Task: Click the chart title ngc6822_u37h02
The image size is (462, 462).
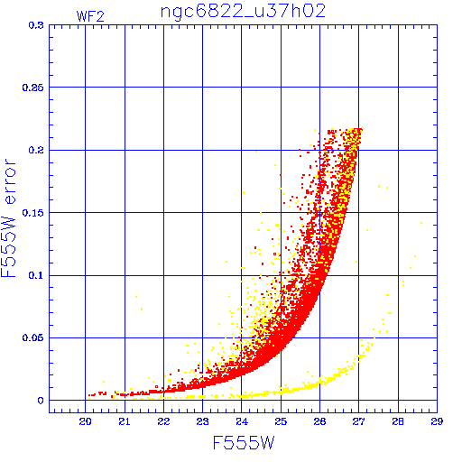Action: point(243,12)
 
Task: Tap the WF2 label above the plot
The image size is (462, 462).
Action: point(90,16)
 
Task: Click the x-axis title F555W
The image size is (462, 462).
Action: point(244,443)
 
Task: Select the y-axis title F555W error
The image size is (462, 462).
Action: point(9,218)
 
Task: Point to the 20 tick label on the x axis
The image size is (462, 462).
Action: point(85,421)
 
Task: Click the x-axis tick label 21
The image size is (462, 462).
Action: point(125,421)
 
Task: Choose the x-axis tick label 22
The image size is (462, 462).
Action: point(163,421)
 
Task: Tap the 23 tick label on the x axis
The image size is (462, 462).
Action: point(202,421)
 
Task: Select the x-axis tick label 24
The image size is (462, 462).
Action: point(242,421)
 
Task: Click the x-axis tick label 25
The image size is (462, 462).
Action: point(281,421)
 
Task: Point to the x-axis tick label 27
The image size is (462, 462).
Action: point(358,421)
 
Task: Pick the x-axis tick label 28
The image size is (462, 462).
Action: point(398,421)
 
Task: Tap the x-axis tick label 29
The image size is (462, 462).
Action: point(437,421)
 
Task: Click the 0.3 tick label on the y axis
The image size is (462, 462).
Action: point(36,25)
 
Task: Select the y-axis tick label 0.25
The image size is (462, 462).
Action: point(33,88)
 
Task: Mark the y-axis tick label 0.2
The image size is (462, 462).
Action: point(36,150)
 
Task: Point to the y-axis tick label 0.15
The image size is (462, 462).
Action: point(33,213)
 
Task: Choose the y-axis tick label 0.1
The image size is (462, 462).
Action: point(36,275)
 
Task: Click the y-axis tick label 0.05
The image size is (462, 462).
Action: point(33,337)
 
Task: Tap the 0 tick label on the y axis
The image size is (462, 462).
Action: point(41,401)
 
